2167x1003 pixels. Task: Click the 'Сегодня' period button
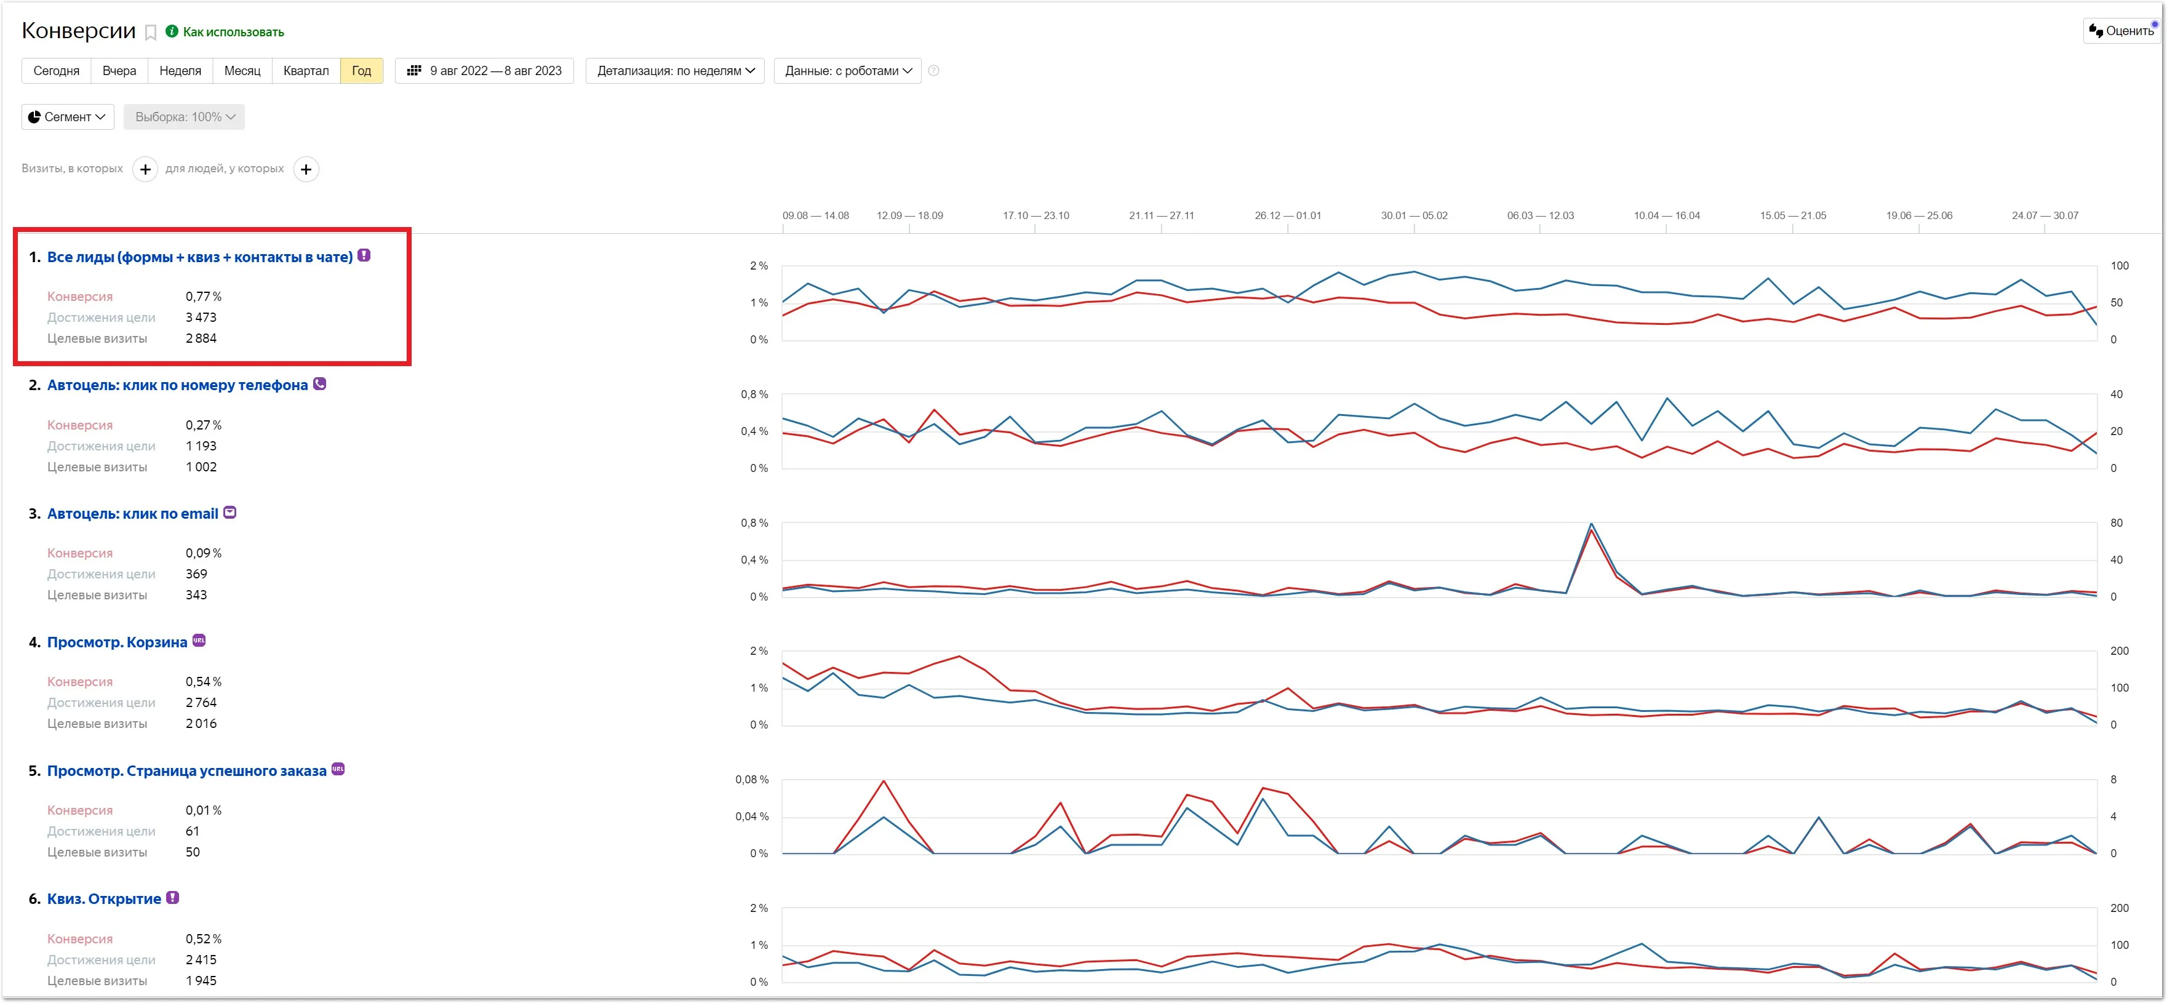pos(57,71)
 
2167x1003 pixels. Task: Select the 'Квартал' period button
pos(306,71)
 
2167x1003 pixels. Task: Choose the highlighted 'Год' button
pos(362,71)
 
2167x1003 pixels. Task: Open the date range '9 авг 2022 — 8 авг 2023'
pos(485,71)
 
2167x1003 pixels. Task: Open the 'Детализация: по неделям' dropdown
pos(676,71)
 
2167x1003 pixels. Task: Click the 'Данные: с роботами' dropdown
pos(848,71)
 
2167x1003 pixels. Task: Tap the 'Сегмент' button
pos(67,117)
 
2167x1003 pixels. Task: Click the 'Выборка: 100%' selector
pos(184,117)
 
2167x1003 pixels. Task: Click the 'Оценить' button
pos(2121,31)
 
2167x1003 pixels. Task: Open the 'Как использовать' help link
pos(225,32)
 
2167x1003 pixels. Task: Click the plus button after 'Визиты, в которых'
pos(146,169)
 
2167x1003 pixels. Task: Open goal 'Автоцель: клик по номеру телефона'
pos(177,385)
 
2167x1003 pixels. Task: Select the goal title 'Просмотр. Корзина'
pos(117,642)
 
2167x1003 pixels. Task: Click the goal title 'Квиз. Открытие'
pos(105,898)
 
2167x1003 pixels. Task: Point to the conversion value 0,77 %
pos(204,296)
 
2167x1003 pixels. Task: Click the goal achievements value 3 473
pos(201,318)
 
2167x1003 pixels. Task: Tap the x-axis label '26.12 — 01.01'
pos(1288,215)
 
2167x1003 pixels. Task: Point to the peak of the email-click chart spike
pos(1590,524)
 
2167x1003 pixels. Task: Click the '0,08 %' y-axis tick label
pos(751,779)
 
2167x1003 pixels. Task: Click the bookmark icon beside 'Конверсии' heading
pos(151,33)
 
